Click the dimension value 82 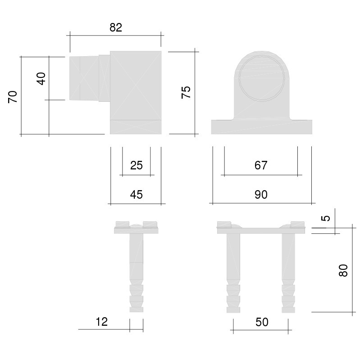[116, 27]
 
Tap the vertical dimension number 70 [13, 97]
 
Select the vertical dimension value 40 [41, 78]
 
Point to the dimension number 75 [186, 92]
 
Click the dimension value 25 [137, 165]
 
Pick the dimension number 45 [137, 195]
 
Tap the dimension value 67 [261, 165]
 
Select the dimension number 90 [261, 195]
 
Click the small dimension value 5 [326, 218]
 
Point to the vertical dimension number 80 [343, 270]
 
